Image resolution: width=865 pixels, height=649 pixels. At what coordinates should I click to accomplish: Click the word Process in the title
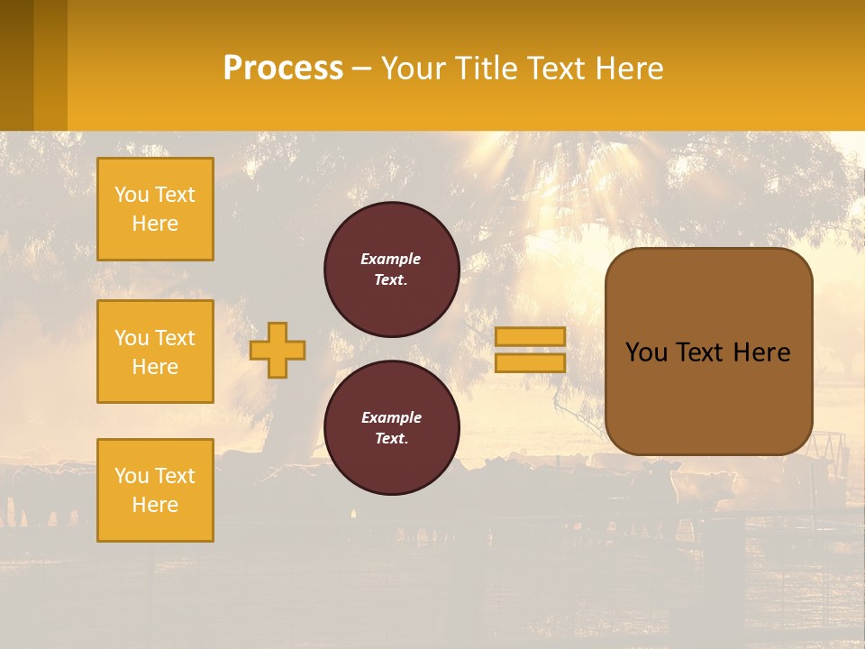tap(283, 69)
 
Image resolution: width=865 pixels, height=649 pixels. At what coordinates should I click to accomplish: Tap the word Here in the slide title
tap(630, 69)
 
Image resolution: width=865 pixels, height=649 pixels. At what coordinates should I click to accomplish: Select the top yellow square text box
tap(155, 209)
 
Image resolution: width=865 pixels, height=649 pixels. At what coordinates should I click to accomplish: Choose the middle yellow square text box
tap(155, 352)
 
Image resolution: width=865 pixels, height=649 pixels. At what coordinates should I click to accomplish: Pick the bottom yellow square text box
tap(155, 490)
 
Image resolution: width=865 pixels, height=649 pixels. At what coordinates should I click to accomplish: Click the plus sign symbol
tap(278, 350)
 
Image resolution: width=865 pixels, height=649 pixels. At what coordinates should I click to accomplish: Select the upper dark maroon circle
tap(392, 270)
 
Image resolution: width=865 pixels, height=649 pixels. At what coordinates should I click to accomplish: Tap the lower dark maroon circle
tap(392, 428)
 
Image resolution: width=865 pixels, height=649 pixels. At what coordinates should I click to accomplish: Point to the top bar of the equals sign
tap(530, 336)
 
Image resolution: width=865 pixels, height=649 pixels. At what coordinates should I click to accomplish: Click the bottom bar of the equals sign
tap(530, 362)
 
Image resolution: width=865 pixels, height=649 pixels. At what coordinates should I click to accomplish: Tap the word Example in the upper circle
tap(391, 259)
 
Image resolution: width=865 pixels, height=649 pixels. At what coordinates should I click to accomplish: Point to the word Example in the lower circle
tap(391, 417)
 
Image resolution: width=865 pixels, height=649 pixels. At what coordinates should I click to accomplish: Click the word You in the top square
tap(132, 195)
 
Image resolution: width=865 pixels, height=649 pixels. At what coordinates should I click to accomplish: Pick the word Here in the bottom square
tap(155, 505)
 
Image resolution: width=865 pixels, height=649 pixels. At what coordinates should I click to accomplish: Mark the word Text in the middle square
tap(175, 338)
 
